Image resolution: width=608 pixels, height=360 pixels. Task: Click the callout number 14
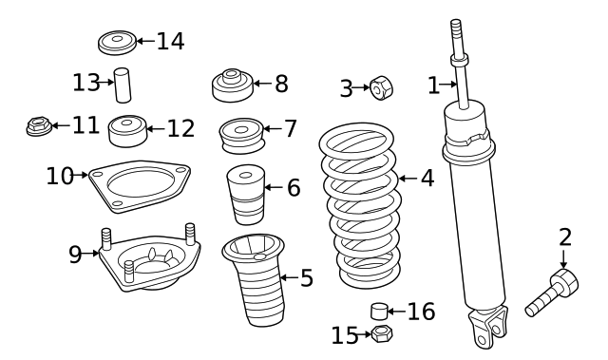[171, 41]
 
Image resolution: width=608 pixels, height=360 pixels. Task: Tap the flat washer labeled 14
[118, 42]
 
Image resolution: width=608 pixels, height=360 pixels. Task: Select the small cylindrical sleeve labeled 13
[123, 85]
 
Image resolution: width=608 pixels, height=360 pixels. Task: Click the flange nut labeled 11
[38, 125]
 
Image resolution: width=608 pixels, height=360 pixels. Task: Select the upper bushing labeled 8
[231, 85]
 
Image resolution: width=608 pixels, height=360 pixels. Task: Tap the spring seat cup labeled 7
[240, 133]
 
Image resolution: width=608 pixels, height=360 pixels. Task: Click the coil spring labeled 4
[358, 205]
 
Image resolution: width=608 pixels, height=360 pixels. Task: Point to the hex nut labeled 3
[381, 89]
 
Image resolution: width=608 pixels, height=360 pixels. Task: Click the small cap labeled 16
[380, 312]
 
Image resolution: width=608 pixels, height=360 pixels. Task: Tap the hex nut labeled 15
[382, 333]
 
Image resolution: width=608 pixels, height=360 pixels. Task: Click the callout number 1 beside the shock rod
[433, 85]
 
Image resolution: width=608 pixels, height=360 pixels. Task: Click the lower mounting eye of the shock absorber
[486, 332]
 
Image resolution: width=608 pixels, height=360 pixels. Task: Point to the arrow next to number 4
[405, 178]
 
